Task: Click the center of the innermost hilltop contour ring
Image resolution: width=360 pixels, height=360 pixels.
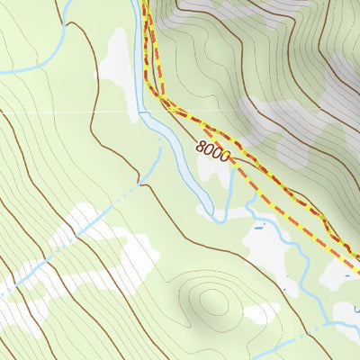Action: [212, 301]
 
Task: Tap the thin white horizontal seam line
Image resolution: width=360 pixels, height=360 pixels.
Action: [90, 112]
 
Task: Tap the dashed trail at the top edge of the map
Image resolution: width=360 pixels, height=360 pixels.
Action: [148, 9]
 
